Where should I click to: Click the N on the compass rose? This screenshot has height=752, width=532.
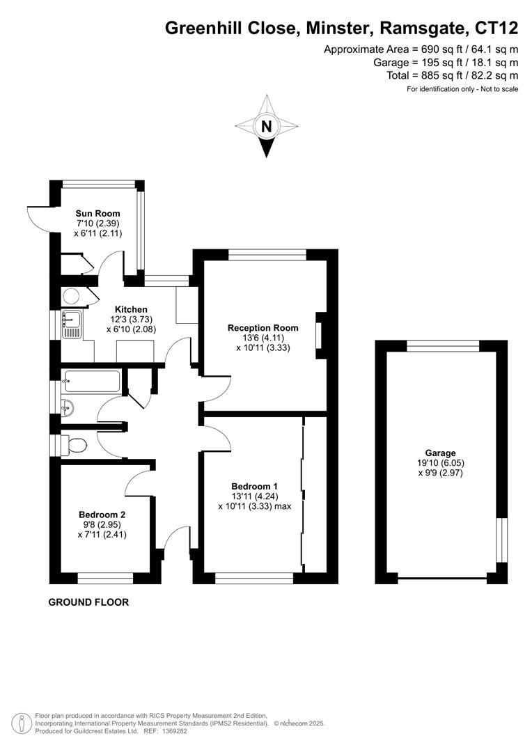266,127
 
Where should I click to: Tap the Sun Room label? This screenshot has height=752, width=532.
97,214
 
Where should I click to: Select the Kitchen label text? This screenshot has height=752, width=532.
131,309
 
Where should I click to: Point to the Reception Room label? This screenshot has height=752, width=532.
263,328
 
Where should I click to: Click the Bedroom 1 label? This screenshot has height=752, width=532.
255,486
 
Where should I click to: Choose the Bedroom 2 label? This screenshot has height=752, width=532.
102,515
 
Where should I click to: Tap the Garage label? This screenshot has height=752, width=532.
441,452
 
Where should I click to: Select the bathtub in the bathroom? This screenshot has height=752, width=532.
92,382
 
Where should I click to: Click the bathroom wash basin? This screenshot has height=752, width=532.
68,407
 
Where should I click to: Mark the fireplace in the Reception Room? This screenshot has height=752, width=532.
320,335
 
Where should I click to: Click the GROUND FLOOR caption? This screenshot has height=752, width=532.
88,602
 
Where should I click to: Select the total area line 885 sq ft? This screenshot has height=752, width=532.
453,75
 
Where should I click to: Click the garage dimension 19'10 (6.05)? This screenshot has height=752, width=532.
441,463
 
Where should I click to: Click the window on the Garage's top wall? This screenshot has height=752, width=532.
443,346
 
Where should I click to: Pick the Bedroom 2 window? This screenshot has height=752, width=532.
105,578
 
